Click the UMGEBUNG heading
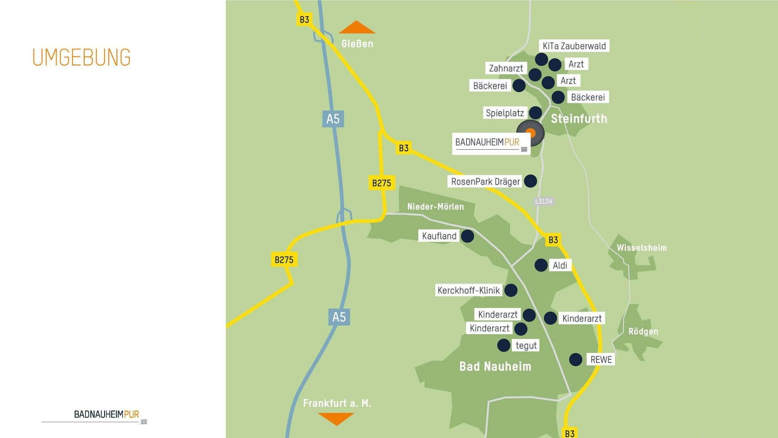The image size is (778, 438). [x=81, y=58]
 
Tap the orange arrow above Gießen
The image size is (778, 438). [x=357, y=28]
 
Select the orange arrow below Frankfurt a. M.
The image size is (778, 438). [x=336, y=418]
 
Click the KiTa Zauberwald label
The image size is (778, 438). [x=574, y=46]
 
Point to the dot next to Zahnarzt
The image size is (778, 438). [x=535, y=74]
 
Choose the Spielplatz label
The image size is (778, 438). [x=504, y=113]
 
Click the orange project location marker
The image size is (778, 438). [x=530, y=133]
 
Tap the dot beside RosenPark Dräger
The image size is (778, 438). [x=530, y=181]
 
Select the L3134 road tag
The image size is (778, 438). [x=543, y=201]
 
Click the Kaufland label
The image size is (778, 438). [x=439, y=236]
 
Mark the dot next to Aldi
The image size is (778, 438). [x=541, y=265]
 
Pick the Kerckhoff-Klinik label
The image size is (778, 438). [x=469, y=290]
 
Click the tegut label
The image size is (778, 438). [x=526, y=345]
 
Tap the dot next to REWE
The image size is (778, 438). [x=575, y=359]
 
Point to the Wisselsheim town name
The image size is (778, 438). [x=641, y=248]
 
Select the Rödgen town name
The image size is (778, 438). [x=643, y=331]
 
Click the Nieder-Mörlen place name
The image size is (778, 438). [x=435, y=207]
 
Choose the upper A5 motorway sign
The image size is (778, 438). [x=333, y=119]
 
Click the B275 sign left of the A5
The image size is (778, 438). [x=284, y=259]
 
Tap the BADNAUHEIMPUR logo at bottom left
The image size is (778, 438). [x=106, y=414]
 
